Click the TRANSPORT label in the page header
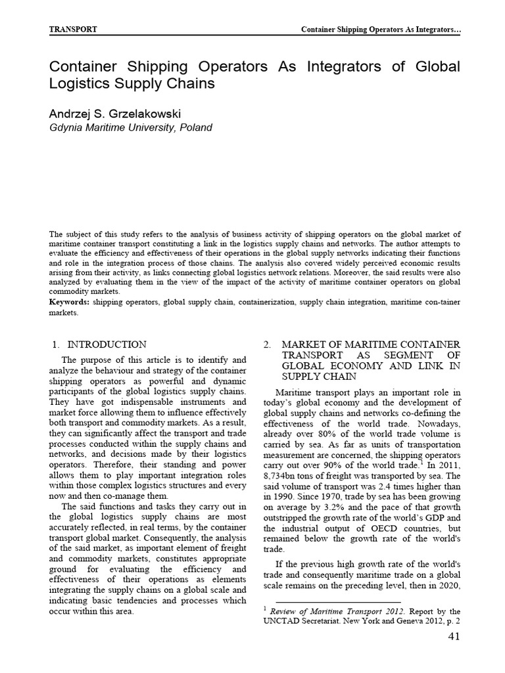point(74,30)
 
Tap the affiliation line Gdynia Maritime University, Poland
point(131,128)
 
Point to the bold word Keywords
point(70,301)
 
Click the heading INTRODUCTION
point(107,344)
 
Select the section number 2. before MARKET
point(267,344)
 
